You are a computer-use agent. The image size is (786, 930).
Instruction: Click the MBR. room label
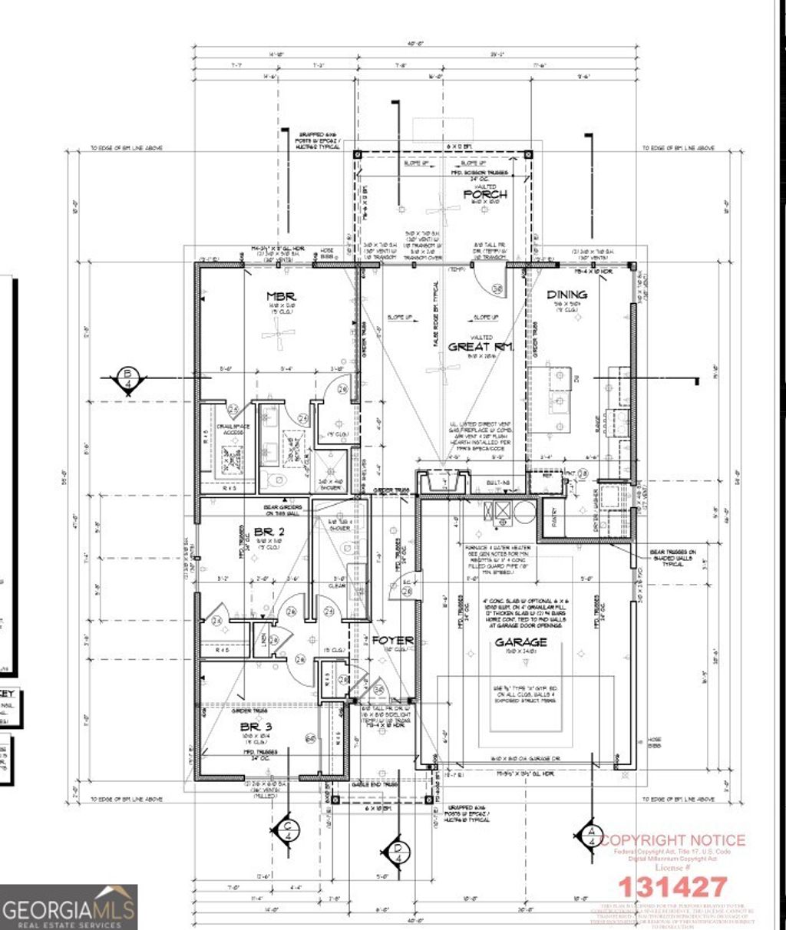[x=277, y=295]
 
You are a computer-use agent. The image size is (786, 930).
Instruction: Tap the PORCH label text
[x=484, y=194]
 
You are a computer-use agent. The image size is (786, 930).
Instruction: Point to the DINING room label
[x=567, y=294]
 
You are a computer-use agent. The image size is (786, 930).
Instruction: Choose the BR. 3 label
[x=256, y=726]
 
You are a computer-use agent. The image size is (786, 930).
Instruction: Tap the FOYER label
[x=393, y=640]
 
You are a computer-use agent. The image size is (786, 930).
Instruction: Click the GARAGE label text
[x=520, y=641]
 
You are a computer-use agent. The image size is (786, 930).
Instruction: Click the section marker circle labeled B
[x=126, y=380]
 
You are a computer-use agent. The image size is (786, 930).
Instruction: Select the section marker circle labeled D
[x=398, y=852]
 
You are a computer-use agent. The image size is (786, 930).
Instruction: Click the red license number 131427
[x=672, y=887]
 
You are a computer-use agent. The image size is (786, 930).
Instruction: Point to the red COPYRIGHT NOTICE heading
[x=672, y=840]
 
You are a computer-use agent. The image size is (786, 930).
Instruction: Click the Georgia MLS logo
[x=69, y=907]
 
